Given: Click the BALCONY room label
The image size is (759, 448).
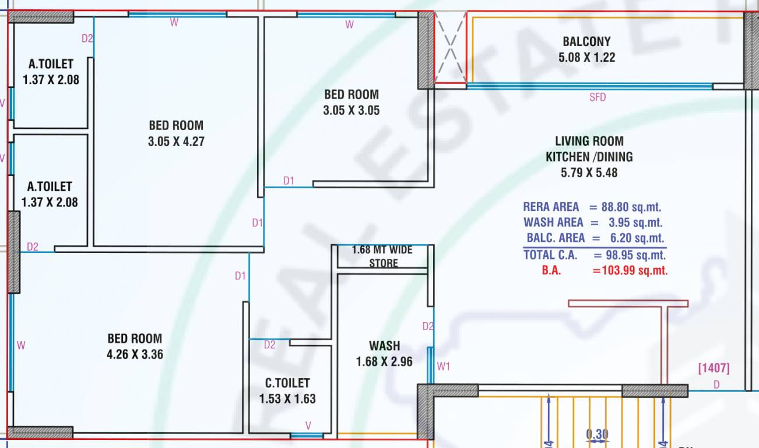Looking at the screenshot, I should [x=586, y=41].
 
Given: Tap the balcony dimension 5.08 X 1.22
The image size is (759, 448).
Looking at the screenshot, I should [x=586, y=57].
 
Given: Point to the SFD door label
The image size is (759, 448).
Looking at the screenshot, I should [x=598, y=97].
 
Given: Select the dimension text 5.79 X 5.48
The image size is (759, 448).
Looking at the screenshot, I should [x=589, y=173].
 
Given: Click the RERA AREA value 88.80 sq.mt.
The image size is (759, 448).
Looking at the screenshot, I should [x=632, y=207].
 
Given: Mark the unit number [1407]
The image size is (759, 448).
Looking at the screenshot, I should [x=714, y=368].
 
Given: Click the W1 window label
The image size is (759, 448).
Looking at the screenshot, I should [x=444, y=366].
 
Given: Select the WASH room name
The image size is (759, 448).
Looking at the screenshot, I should [x=384, y=346].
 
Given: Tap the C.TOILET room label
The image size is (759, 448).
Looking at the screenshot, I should [x=287, y=383].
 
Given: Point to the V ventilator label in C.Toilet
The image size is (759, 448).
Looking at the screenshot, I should [x=307, y=425].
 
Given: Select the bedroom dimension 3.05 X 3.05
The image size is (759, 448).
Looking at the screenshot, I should [x=352, y=110].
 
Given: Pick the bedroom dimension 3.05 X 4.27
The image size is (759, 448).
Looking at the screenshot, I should [x=176, y=141].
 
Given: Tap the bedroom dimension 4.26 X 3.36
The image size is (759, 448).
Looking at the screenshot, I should [x=135, y=354].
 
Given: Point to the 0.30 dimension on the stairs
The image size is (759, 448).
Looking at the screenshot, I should [x=597, y=434].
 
